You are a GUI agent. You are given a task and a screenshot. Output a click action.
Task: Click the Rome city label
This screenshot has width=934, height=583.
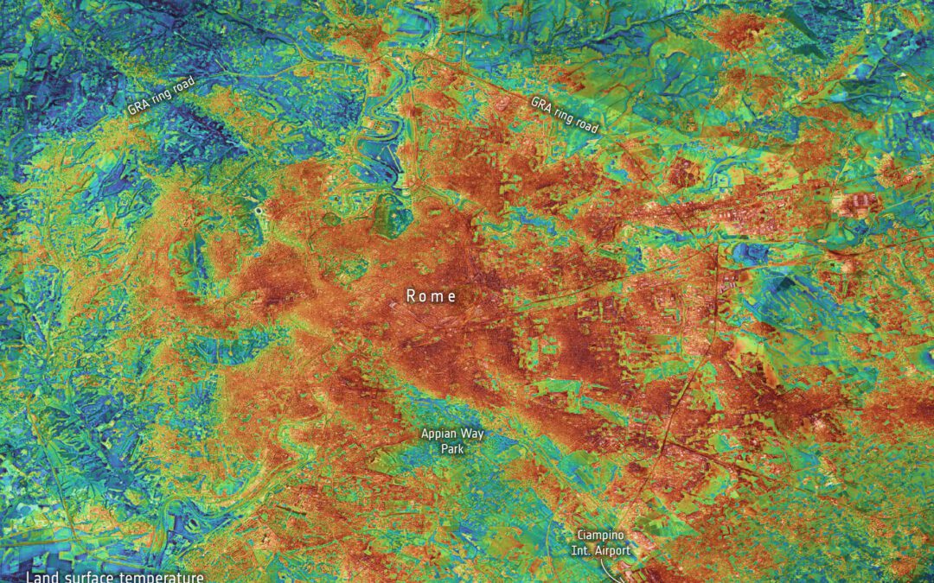tap(431, 296)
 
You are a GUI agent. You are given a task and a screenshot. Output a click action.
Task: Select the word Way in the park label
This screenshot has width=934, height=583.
tap(472, 434)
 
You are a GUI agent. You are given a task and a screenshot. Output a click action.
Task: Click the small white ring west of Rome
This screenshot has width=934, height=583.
tap(259, 210)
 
